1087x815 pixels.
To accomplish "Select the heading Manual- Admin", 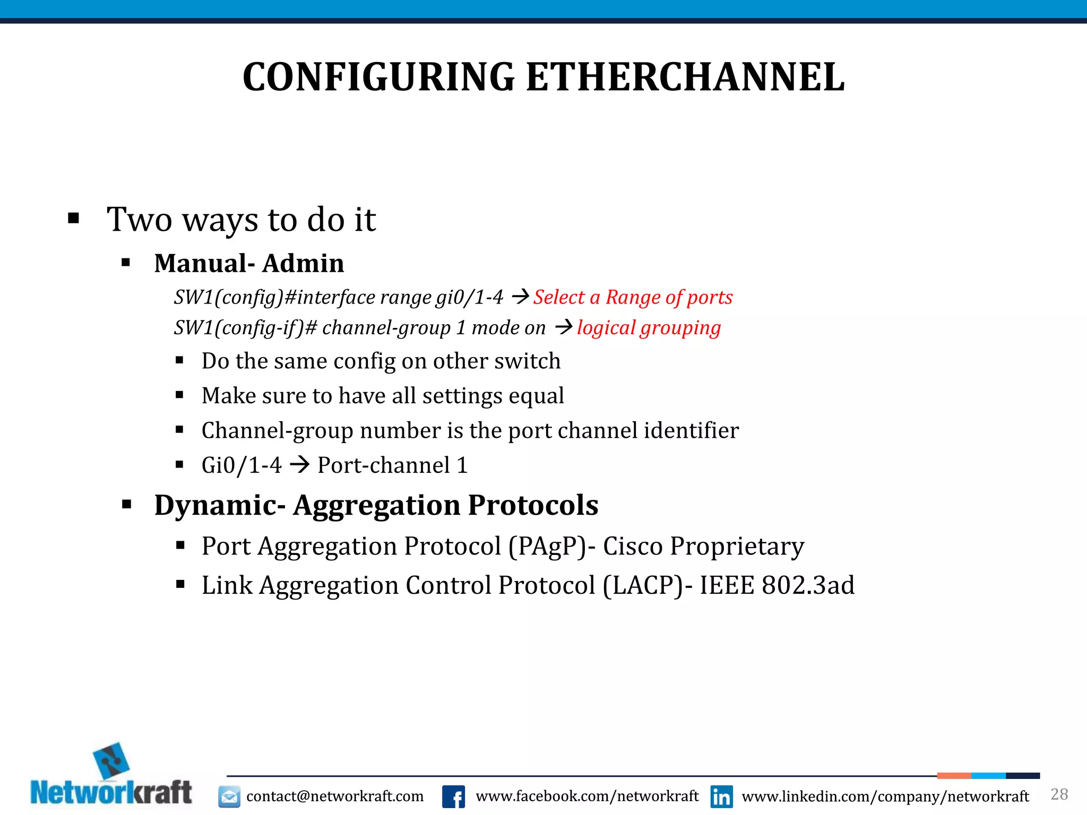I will tap(249, 263).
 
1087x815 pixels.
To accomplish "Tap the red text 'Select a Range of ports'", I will tap(633, 297).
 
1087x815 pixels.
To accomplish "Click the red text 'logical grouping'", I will tap(649, 328).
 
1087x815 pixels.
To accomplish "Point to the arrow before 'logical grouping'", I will tap(563, 327).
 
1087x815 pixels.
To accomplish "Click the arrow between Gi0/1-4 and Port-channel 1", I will tap(300, 465).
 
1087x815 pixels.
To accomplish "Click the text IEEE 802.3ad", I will tap(777, 585).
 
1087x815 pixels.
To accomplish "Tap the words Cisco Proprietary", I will tap(703, 546).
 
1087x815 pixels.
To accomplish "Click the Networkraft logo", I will tap(111, 777).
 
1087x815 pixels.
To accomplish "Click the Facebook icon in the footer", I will tap(454, 796).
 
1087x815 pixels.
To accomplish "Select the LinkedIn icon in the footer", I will tap(721, 796).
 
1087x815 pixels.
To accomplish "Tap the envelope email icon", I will tap(229, 796).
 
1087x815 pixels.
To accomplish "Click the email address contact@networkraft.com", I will tap(335, 796).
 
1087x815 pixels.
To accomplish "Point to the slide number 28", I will tap(1059, 794).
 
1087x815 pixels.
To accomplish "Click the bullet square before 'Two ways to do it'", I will tap(74, 218).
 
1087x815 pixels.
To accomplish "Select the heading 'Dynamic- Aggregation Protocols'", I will tap(376, 505).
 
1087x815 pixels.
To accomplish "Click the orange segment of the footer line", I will tap(954, 776).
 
